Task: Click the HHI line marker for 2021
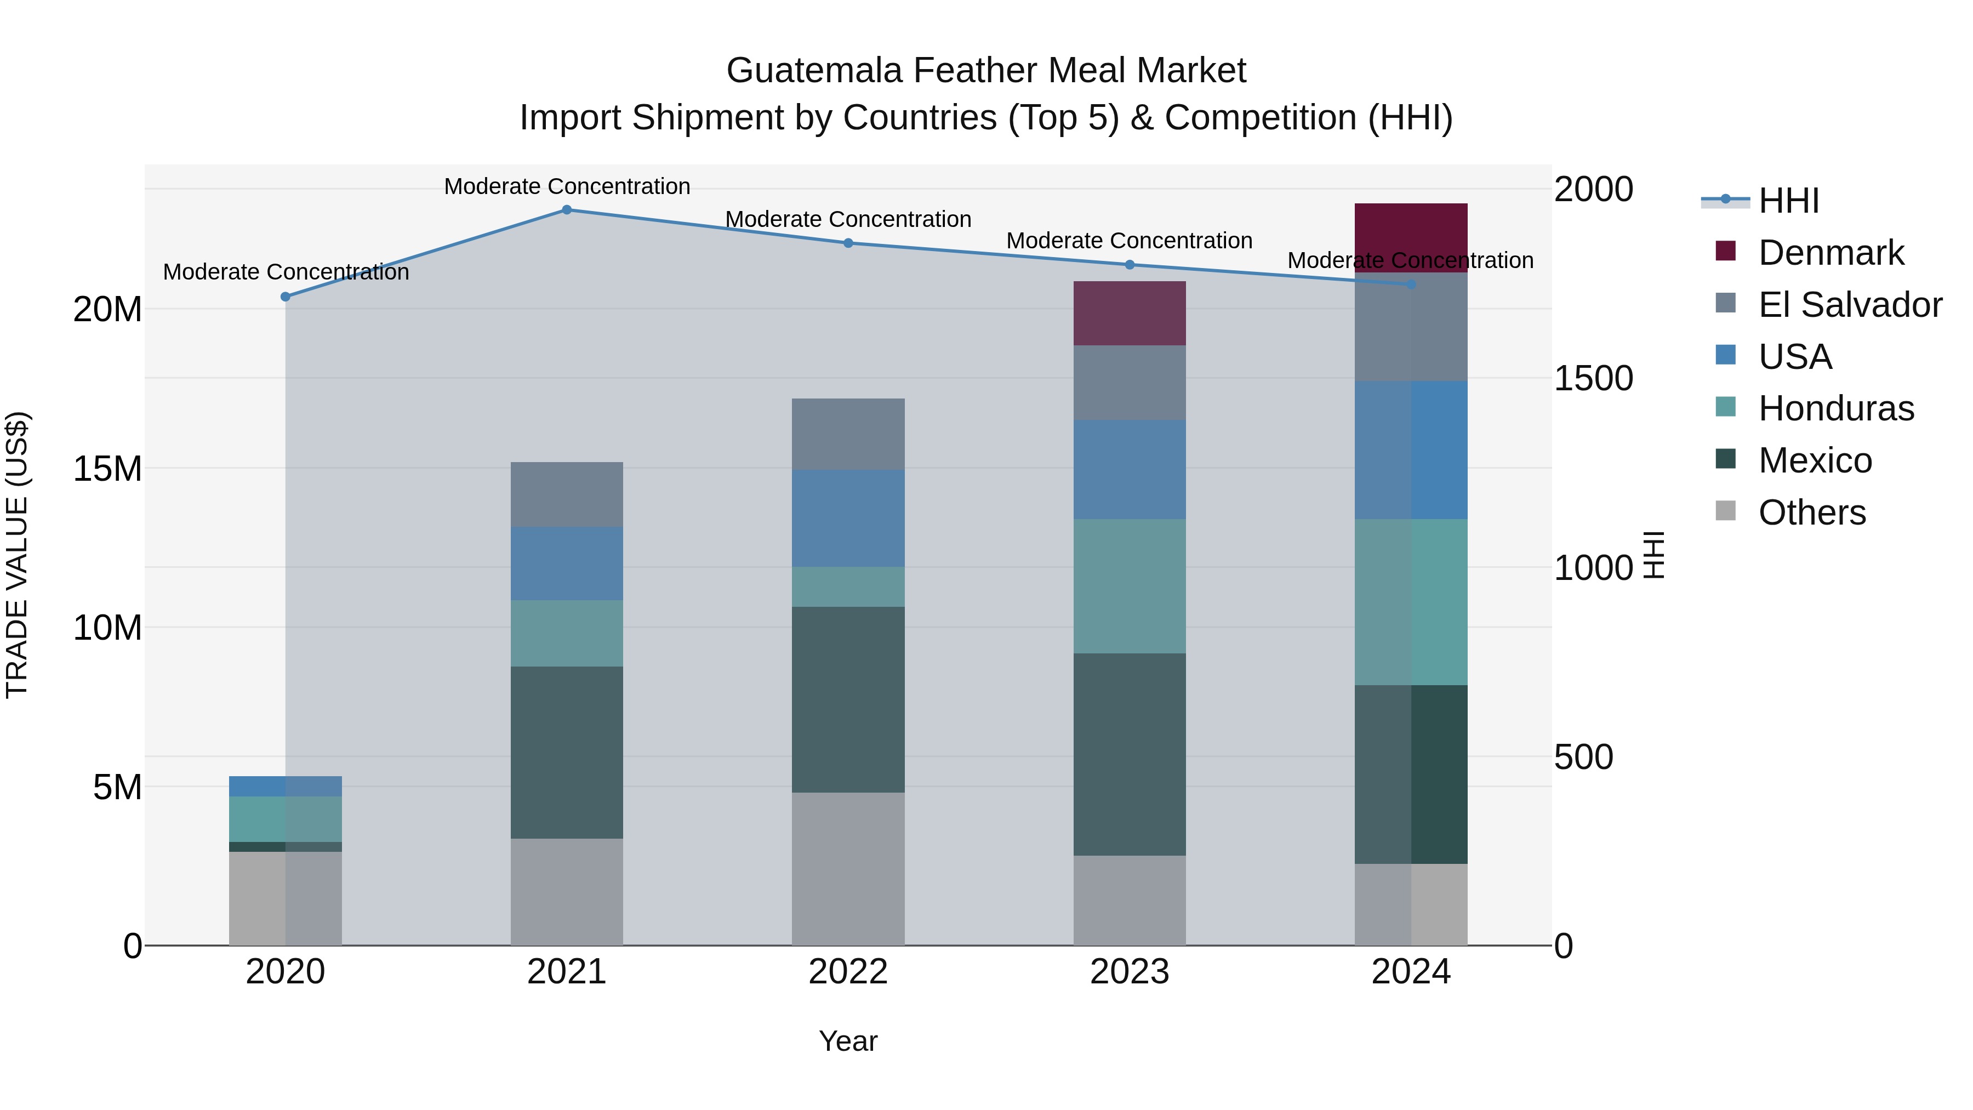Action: point(567,210)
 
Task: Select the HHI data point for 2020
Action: point(286,297)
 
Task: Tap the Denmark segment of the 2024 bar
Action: point(1411,237)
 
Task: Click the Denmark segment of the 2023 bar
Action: point(1129,314)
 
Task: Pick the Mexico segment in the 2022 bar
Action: point(848,699)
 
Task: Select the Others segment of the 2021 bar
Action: point(567,892)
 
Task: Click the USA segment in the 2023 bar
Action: point(1129,470)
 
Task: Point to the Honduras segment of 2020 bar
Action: point(286,819)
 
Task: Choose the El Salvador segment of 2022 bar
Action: point(848,434)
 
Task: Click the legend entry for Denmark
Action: point(1831,253)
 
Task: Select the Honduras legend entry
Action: point(1836,408)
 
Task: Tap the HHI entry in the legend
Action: point(1788,201)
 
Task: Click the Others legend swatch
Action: point(1726,510)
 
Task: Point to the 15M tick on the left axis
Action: point(107,469)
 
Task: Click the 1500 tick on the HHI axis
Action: point(1593,378)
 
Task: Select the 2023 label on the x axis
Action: point(1129,972)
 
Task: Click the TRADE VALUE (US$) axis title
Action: point(17,555)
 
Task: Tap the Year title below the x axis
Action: point(848,1041)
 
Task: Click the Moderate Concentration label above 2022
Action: point(848,219)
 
